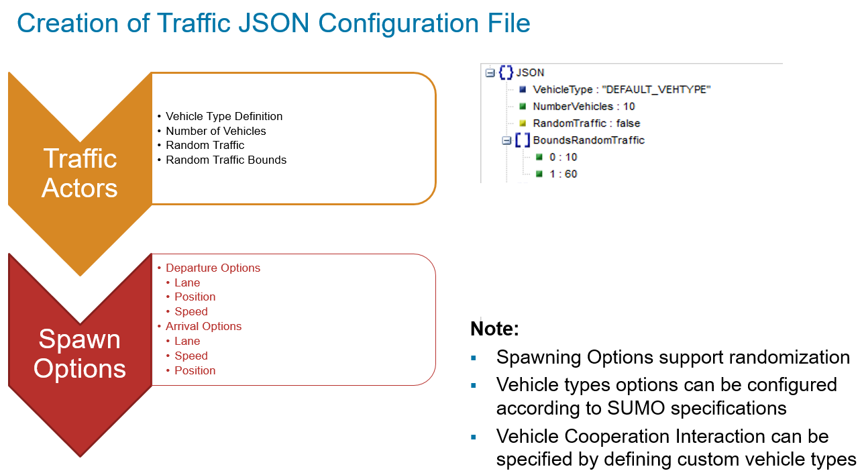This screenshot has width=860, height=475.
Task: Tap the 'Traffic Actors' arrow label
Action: [x=80, y=173]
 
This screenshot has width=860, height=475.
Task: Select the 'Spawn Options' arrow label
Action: [x=80, y=354]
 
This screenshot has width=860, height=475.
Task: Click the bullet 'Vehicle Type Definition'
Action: [x=224, y=116]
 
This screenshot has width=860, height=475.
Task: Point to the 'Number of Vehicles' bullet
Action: [x=216, y=131]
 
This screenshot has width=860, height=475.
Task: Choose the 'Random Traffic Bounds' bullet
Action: [x=226, y=160]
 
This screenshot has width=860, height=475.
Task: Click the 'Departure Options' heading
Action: [x=213, y=268]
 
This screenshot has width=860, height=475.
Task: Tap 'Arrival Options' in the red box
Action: [x=203, y=326]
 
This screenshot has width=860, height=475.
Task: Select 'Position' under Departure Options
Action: [x=195, y=297]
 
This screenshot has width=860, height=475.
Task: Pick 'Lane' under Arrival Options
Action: [x=187, y=341]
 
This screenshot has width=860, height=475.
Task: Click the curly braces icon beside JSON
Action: [x=506, y=72]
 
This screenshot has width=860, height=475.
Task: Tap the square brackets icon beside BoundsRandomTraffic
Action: [x=522, y=140]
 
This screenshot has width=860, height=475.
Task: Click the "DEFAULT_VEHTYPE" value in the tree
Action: [x=657, y=89]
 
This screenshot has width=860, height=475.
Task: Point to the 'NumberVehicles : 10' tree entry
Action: [x=584, y=106]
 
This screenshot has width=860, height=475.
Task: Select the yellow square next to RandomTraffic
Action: [x=523, y=123]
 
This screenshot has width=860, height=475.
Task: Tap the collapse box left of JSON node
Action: [x=490, y=72]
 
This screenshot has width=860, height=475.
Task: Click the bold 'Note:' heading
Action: [x=494, y=329]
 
